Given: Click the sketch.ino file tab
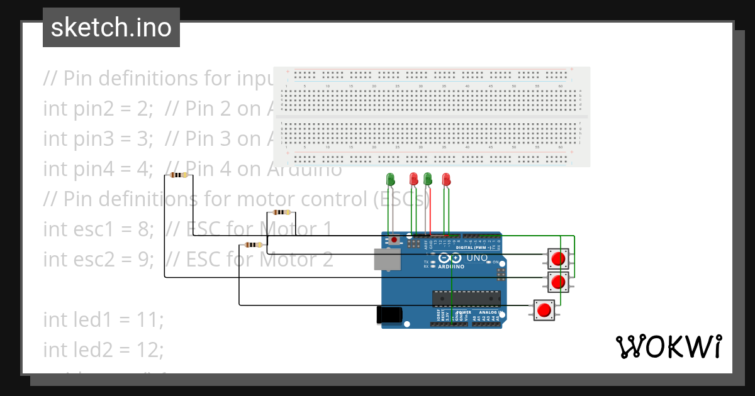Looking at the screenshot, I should [x=111, y=28].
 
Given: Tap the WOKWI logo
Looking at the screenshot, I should [x=668, y=346].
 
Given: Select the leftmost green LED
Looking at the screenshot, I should [x=390, y=179].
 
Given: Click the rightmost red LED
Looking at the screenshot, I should [x=446, y=179].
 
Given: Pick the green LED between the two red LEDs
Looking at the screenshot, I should [x=428, y=179].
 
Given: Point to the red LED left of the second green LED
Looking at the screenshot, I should [x=413, y=179].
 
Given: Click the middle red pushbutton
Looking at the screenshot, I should [x=557, y=282].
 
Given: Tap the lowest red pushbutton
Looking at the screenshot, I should [x=544, y=309].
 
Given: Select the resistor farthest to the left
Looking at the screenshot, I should [x=178, y=175].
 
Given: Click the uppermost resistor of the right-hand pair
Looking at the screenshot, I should [x=282, y=212].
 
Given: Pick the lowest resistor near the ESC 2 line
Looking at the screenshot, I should [x=253, y=245].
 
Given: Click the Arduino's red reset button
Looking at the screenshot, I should [x=394, y=239].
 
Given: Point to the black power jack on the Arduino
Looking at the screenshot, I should [x=388, y=315].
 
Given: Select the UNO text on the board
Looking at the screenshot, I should [x=476, y=258].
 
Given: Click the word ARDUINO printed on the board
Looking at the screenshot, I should [x=451, y=267].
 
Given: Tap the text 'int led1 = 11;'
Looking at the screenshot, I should [x=103, y=319].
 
